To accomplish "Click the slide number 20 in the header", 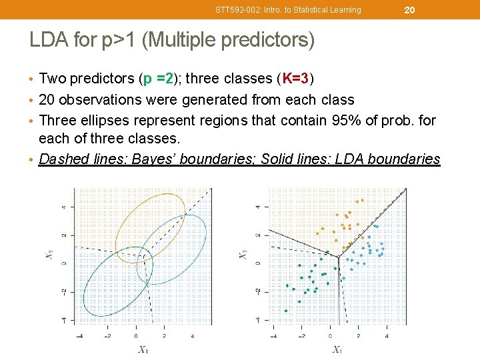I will [409, 9].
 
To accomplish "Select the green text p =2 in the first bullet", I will [158, 79].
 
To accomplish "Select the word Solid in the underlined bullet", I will [279, 159].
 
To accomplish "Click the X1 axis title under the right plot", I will [338, 349].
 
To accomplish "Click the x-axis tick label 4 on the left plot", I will [193, 335].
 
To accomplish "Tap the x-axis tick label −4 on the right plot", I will [272, 335].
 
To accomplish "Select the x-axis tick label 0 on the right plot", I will [329, 335].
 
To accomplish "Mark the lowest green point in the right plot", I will [286, 311].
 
